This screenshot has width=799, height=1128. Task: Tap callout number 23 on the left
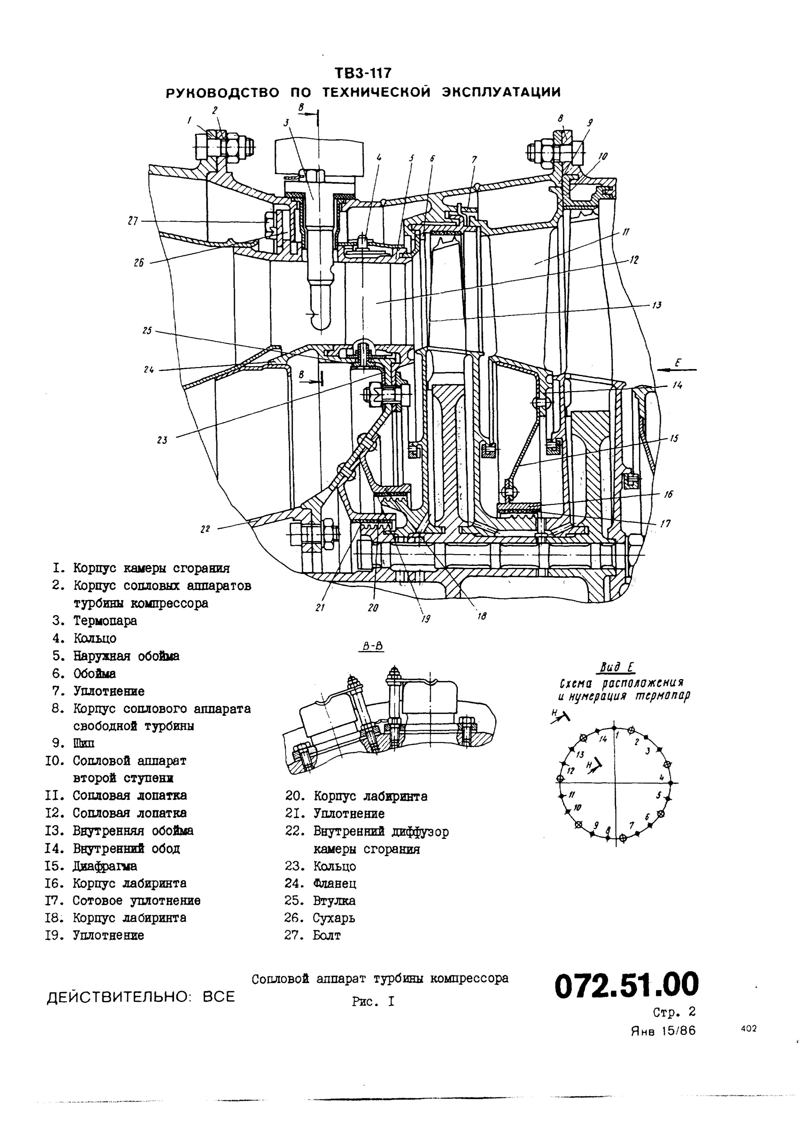(162, 440)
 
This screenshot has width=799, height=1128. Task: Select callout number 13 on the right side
(656, 305)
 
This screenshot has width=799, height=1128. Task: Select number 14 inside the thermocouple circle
(603, 739)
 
